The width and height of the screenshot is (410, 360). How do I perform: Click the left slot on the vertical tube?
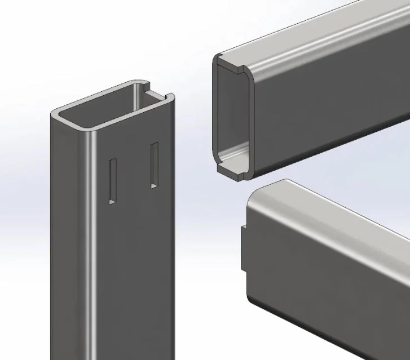[112, 179]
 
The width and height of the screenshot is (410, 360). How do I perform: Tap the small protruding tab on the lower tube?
[245, 248]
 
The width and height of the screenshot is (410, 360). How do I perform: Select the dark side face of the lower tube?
[327, 270]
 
